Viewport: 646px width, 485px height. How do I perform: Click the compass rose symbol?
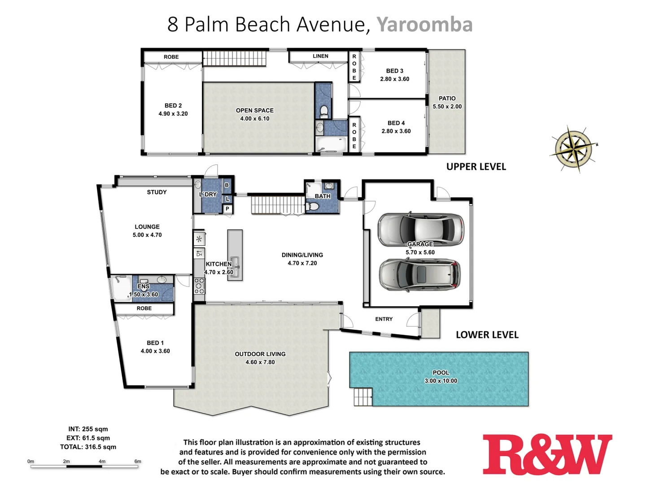point(573,148)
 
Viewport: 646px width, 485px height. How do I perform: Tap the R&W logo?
point(547,454)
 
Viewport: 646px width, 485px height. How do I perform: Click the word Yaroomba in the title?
point(424,25)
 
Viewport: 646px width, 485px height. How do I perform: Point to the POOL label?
point(441,373)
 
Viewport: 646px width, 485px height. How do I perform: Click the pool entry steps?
point(363,397)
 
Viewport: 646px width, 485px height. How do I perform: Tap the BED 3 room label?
point(394,71)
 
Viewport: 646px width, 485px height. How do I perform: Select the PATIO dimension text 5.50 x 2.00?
point(447,107)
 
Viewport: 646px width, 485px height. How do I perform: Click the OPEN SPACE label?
point(254,110)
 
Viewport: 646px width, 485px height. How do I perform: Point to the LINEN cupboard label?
point(320,56)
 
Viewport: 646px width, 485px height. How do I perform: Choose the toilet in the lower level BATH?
point(313,207)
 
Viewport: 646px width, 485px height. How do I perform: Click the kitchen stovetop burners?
point(199,286)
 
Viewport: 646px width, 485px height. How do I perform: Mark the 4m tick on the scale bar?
point(102,466)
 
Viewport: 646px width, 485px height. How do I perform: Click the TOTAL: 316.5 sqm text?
point(88,447)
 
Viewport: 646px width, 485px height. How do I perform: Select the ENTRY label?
point(384,319)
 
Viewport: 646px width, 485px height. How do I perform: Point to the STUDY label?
point(157,192)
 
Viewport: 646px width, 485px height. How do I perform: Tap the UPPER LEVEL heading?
point(476,167)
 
